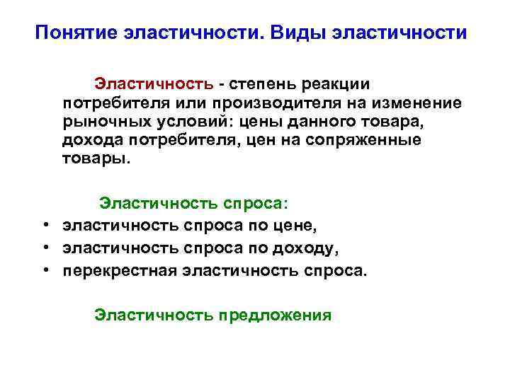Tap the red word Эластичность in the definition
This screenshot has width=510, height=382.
pos(154,85)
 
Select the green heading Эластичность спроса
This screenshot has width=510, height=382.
pos(193,204)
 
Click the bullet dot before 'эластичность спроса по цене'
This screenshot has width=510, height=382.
pos(45,226)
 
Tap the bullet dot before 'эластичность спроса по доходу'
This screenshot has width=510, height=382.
pos(45,248)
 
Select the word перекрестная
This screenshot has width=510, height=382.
pos(120,271)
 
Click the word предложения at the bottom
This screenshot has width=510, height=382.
pos(275,315)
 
